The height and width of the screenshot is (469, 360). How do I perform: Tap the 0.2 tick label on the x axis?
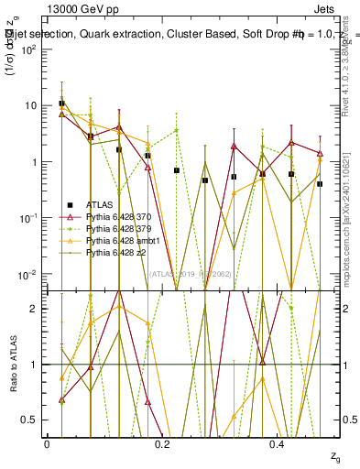[x=162, y=443]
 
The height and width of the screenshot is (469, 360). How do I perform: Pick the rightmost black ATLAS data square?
[x=320, y=184]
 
